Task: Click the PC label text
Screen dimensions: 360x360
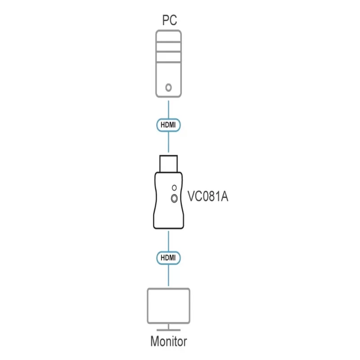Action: point(170,20)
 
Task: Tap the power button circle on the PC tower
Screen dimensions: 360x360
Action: point(168,87)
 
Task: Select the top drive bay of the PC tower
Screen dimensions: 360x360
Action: point(168,37)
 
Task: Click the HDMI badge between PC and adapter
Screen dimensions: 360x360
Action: point(168,125)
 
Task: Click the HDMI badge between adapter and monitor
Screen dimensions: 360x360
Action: point(168,258)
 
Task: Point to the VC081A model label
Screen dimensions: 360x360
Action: point(208,196)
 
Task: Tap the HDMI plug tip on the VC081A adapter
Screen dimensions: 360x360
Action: point(168,164)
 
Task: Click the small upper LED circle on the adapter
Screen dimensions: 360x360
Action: point(174,188)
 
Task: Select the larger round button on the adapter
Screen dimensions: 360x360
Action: point(174,198)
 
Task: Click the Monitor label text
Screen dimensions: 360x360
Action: point(169,341)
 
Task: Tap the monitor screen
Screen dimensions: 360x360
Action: point(168,306)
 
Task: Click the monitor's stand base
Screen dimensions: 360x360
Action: point(168,330)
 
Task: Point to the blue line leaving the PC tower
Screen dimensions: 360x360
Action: point(168,109)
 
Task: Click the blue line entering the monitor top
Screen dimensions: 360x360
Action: point(168,275)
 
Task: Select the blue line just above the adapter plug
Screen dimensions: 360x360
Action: point(168,142)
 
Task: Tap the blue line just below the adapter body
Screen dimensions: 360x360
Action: point(168,241)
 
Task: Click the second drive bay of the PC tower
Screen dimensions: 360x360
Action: point(168,47)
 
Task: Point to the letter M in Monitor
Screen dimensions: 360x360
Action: point(155,341)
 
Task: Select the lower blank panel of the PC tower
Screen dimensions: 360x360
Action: point(168,79)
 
